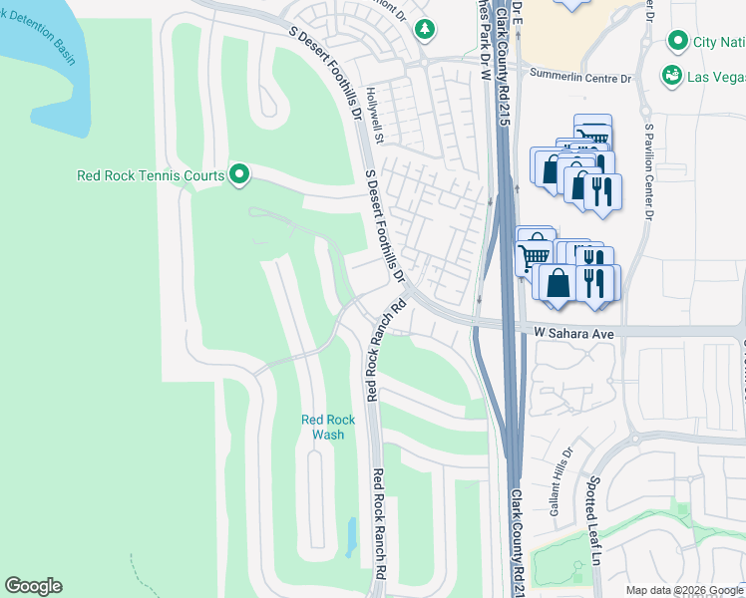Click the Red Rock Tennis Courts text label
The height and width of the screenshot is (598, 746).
(151, 176)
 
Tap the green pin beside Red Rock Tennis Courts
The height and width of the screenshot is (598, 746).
(239, 175)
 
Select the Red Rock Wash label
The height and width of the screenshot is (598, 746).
(328, 427)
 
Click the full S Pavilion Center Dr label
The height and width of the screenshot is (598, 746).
(648, 171)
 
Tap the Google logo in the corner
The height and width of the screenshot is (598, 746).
(33, 586)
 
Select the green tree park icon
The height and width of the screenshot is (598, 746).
(426, 30)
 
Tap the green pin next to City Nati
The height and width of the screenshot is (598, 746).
(678, 42)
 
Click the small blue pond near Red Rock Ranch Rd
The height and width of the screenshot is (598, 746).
(350, 537)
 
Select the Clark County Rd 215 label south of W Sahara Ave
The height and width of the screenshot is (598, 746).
(519, 538)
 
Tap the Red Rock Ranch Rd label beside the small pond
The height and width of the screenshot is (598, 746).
(379, 523)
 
